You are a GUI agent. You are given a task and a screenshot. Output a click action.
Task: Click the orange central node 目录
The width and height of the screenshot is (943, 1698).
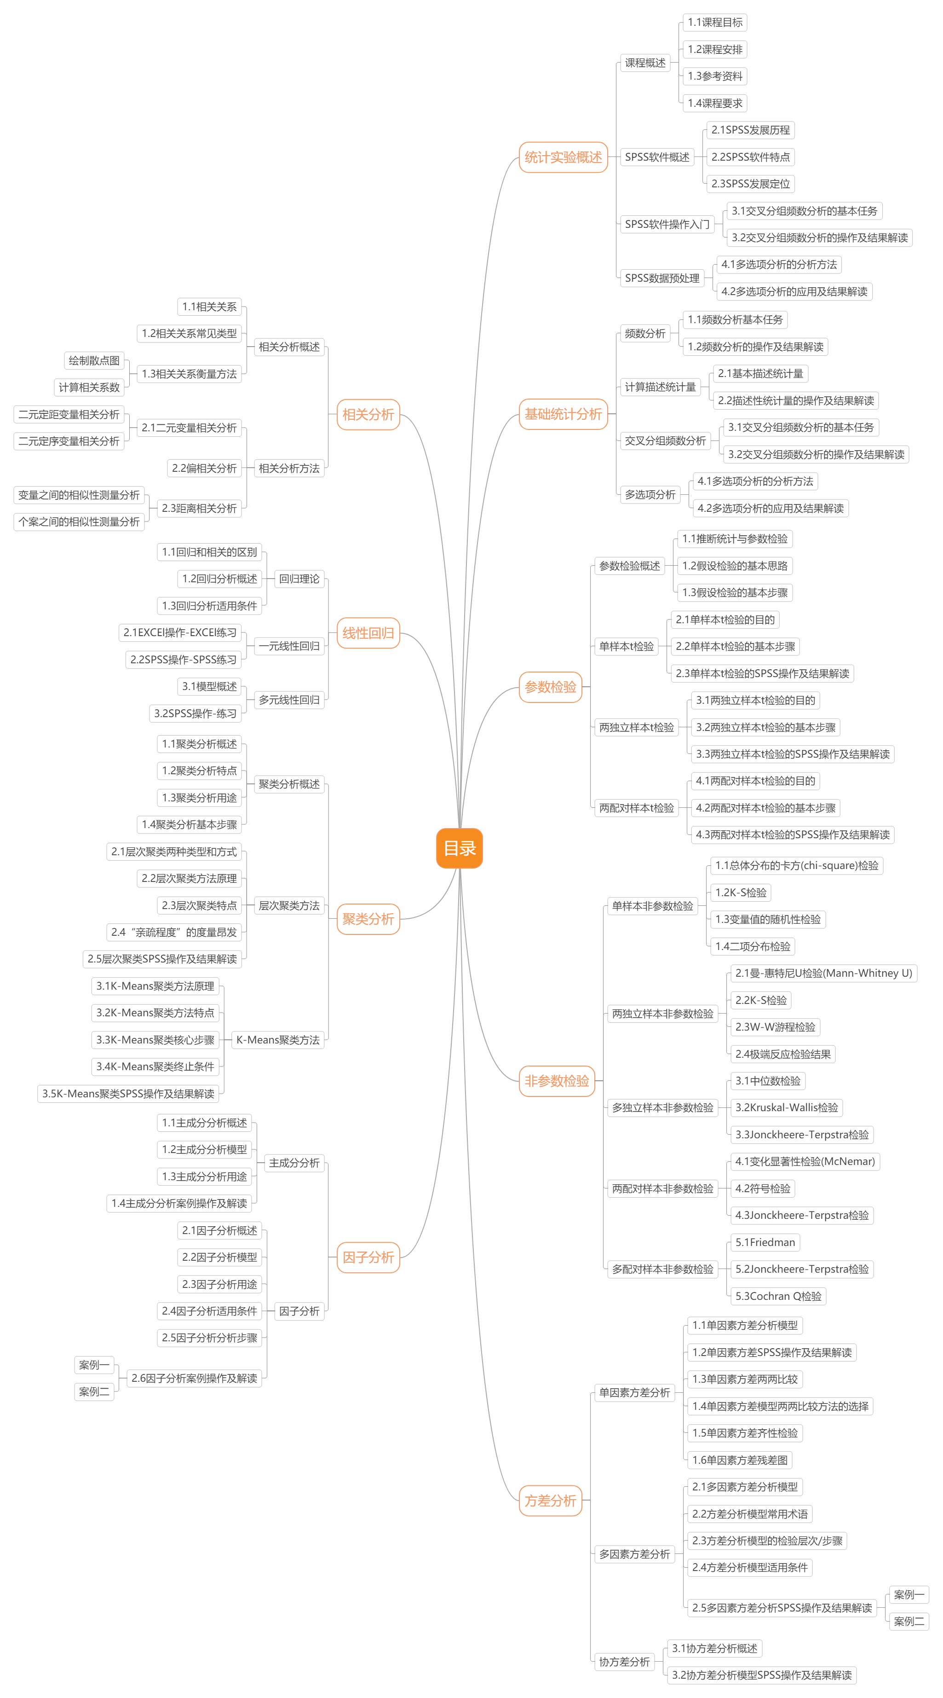point(459,848)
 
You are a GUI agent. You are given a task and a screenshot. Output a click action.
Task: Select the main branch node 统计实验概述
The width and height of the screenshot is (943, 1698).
point(563,157)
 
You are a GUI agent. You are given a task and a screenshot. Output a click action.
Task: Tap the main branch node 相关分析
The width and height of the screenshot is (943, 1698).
point(368,415)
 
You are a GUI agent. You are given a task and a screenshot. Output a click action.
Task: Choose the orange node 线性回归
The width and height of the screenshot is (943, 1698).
point(368,633)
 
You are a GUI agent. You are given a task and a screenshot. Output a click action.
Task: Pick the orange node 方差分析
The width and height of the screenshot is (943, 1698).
point(550,1500)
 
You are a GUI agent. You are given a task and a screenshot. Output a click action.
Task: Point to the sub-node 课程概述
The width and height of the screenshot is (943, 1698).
point(645,63)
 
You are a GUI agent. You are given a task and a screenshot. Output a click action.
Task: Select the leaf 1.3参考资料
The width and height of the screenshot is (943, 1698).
point(715,76)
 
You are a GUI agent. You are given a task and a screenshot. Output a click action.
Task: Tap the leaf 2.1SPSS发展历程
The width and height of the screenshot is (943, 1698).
point(751,130)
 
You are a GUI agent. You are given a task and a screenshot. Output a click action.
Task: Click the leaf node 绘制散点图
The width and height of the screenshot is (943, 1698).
point(94,360)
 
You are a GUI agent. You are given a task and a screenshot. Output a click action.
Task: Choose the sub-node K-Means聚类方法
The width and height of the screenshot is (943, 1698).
point(277,1039)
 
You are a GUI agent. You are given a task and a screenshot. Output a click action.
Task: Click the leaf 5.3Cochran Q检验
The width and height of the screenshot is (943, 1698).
point(778,1296)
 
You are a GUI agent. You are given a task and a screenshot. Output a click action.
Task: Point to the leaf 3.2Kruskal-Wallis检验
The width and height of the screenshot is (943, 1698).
point(787,1107)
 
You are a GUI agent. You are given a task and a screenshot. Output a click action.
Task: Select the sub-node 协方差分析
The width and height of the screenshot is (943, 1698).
point(624,1661)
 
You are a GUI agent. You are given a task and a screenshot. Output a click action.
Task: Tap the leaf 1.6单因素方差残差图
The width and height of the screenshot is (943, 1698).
point(740,1460)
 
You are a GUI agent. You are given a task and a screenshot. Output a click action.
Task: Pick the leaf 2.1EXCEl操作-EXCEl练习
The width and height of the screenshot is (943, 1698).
point(180,632)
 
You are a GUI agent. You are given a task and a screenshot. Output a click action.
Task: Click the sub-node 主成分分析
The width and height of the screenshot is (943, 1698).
point(294,1163)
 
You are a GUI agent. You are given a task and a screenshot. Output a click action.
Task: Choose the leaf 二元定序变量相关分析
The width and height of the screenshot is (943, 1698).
point(69,441)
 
